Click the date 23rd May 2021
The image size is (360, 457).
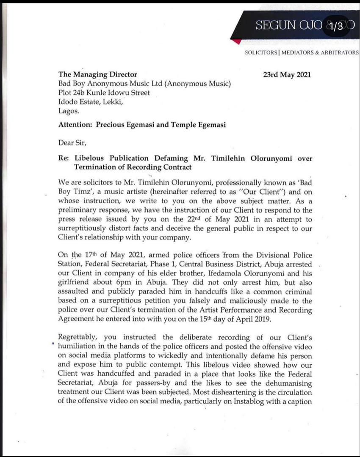pyautogui.click(x=287, y=74)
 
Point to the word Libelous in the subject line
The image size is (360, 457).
pyautogui.click(x=90, y=159)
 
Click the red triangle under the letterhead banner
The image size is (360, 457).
pyautogui.click(x=240, y=41)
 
